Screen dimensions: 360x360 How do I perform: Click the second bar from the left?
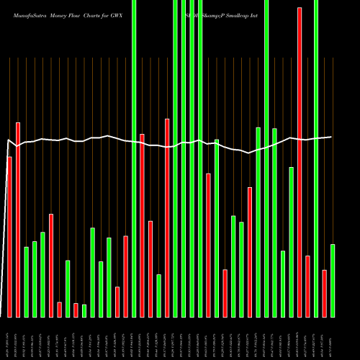pyautogui.click(x=18, y=220)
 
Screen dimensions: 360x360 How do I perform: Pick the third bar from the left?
pyautogui.click(x=26, y=282)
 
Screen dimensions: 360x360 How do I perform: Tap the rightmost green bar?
pyautogui.click(x=333, y=280)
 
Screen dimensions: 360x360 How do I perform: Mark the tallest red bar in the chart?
pyautogui.click(x=300, y=162)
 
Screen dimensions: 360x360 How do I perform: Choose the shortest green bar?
pyautogui.click(x=84, y=310)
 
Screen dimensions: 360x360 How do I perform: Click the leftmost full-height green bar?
pyautogui.click(x=134, y=158)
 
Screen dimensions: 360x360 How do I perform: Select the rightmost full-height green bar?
pyautogui.click(x=316, y=158)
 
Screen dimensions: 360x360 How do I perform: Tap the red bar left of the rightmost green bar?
pyautogui.click(x=324, y=293)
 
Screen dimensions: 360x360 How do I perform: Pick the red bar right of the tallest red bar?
pyautogui.click(x=307, y=286)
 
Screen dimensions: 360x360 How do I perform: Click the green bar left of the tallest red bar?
pyautogui.click(x=291, y=242)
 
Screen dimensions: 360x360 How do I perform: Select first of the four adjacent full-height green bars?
pyautogui.click(x=175, y=158)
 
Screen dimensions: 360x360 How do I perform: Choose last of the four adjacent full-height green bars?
pyautogui.click(x=200, y=158)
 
